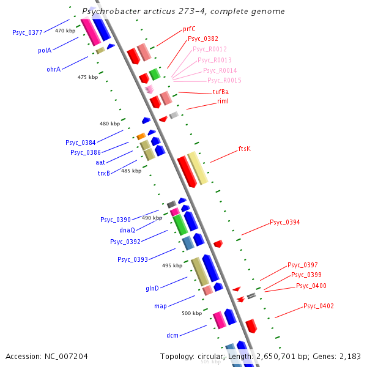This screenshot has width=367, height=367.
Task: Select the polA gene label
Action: coord(44,51)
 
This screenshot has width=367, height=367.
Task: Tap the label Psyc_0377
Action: coord(28,32)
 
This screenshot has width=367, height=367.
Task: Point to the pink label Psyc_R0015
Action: coord(224,80)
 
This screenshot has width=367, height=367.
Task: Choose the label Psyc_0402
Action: coord(318,306)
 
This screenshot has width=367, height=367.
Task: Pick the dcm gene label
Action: coord(172,335)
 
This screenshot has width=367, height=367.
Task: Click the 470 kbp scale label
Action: coord(65,30)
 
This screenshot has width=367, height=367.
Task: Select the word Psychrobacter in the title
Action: coord(111,12)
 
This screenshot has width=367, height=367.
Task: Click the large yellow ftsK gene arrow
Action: coord(197,168)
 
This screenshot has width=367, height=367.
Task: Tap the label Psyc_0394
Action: coord(284,222)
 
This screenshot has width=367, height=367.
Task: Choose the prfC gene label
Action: coord(189,29)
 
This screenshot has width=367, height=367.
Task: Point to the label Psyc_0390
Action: coord(116,219)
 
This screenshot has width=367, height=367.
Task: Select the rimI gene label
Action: coord(223,101)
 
